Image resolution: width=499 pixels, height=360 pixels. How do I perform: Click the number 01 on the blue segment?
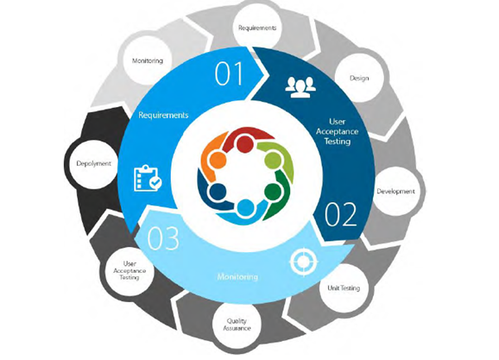230,75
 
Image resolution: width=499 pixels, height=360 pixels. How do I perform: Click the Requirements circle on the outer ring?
257,28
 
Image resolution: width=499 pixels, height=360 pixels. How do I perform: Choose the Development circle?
395,191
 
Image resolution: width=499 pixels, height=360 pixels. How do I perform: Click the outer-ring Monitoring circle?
148,61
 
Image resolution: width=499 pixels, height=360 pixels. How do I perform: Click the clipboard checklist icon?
146,178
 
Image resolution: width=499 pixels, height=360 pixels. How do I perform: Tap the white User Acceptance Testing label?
336,131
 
